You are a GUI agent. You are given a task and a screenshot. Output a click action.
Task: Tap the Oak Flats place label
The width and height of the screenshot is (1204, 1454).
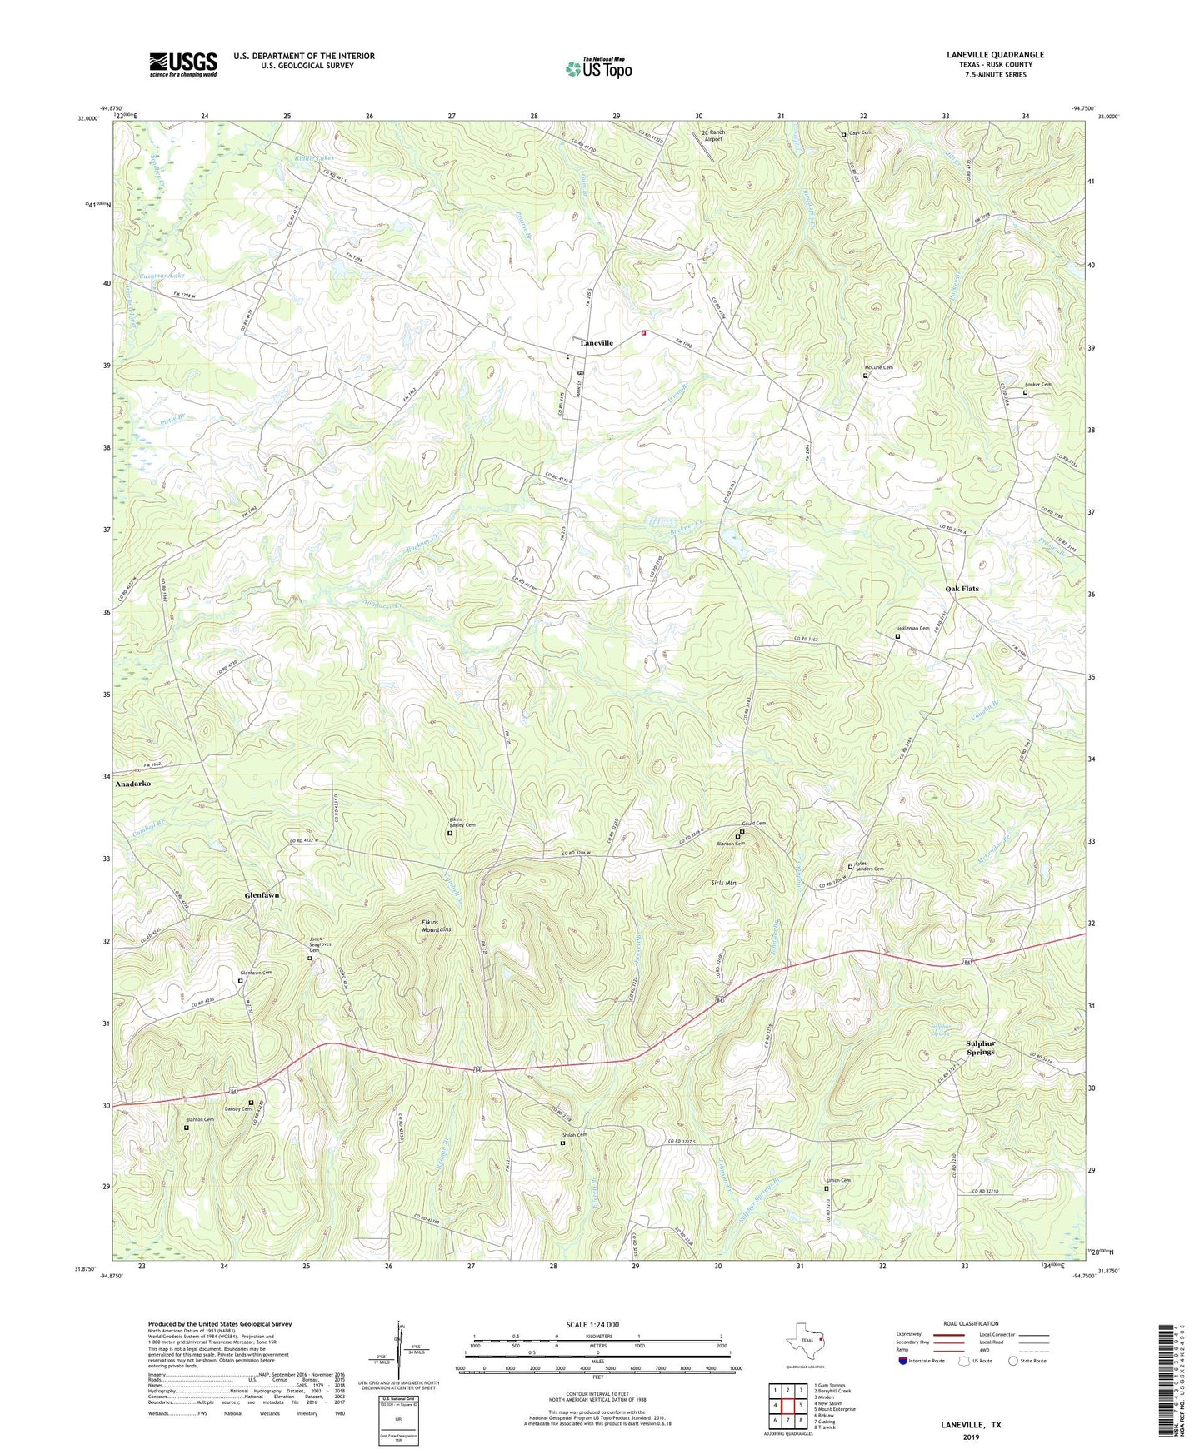[x=962, y=589]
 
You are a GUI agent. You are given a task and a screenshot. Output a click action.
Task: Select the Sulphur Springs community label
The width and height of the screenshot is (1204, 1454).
[x=980, y=1048]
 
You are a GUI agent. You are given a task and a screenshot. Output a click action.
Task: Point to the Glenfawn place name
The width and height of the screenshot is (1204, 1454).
[x=262, y=895]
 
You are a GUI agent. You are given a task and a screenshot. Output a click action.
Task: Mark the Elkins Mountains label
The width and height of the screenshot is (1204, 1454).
[x=434, y=925]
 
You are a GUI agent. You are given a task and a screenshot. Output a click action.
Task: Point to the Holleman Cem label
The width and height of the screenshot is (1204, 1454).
[x=913, y=629]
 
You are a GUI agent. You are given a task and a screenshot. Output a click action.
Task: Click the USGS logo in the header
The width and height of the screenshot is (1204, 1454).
[x=182, y=64]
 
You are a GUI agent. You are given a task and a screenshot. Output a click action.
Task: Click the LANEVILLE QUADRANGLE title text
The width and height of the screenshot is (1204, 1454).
[x=995, y=55]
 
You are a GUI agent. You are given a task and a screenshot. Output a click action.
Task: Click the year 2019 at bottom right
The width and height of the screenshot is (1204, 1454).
[x=971, y=1437]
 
